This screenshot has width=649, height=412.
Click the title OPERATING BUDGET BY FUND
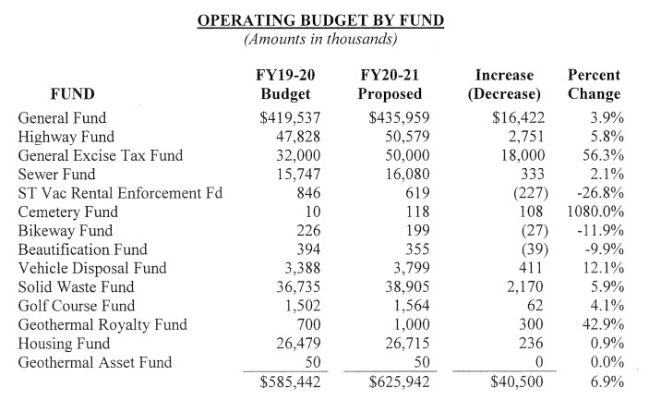(320, 20)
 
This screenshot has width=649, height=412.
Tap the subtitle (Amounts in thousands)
(320, 39)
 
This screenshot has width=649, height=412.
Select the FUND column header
(72, 94)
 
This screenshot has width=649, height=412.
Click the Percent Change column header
(594, 84)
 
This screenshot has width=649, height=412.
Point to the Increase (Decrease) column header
(504, 84)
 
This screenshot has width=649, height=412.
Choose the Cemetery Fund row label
(68, 212)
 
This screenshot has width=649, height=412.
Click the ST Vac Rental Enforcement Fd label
(120, 193)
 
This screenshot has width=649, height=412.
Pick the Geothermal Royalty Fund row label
(102, 324)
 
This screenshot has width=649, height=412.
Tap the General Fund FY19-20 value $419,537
(290, 118)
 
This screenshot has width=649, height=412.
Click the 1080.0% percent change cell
(595, 212)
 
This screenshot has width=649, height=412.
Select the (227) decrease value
(531, 193)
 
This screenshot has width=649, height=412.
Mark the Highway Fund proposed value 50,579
(407, 137)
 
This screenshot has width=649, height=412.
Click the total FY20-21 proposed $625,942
(399, 382)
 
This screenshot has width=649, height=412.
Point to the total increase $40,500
(517, 382)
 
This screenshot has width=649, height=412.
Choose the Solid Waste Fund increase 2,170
(524, 287)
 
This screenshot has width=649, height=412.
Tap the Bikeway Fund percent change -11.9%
(600, 231)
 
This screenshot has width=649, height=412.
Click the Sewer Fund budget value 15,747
(298, 175)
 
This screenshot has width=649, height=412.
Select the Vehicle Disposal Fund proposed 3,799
(412, 268)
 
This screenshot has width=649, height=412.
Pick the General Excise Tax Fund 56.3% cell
(603, 156)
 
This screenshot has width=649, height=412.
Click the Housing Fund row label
(64, 344)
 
